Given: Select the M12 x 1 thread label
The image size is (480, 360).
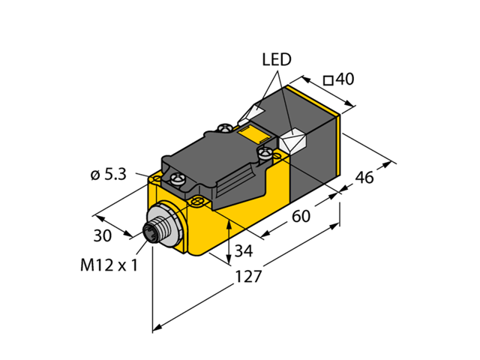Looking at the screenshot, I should [x=108, y=266].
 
